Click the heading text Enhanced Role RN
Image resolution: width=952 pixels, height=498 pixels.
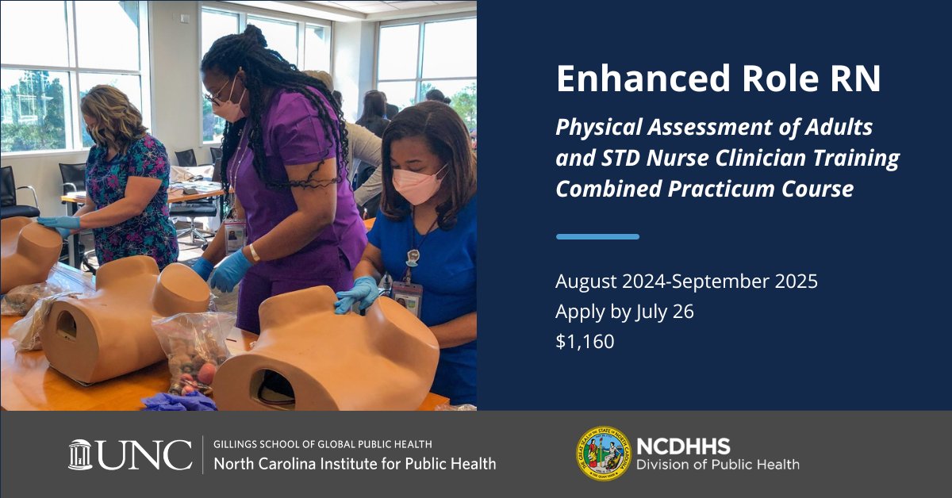pos(718,80)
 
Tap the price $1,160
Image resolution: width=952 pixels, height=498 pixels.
pos(585,342)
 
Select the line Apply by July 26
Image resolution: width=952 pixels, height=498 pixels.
pos(624,312)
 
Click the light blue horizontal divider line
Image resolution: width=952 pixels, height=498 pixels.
pos(597,236)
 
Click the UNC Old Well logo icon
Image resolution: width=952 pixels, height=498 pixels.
pos(80,454)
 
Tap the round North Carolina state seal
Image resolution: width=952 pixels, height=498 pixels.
pos(602,454)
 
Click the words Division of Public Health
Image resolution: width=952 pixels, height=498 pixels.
pos(718,465)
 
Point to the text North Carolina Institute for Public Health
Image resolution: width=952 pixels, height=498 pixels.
pos(355,463)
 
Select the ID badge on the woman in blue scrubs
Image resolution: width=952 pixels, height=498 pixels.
pos(407,298)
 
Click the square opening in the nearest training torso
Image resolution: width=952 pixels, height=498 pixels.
pos(274,386)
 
